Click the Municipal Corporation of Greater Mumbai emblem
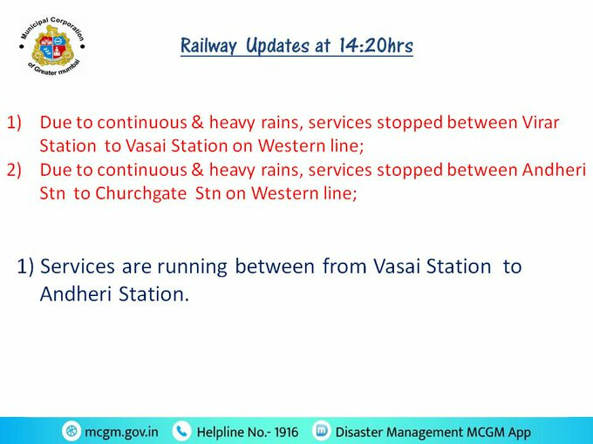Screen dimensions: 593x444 [51, 46]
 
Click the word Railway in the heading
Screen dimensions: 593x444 [208, 46]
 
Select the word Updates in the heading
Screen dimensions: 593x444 [277, 46]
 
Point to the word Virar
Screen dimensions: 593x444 [541, 123]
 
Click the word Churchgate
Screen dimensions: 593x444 [140, 193]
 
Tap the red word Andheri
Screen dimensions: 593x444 [554, 170]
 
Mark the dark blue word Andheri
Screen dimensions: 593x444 [76, 293]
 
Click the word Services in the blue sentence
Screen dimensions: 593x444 [77, 266]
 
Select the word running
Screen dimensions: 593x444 [192, 267]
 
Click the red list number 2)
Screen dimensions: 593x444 [14, 170]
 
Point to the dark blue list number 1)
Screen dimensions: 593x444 [25, 266]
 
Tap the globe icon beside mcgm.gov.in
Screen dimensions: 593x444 [72, 431]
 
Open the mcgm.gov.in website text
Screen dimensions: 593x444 [121, 432]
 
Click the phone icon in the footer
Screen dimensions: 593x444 [182, 431]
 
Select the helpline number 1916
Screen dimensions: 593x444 [286, 432]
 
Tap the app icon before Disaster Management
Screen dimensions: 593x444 [322, 430]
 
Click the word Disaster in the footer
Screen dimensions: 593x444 [359, 432]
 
